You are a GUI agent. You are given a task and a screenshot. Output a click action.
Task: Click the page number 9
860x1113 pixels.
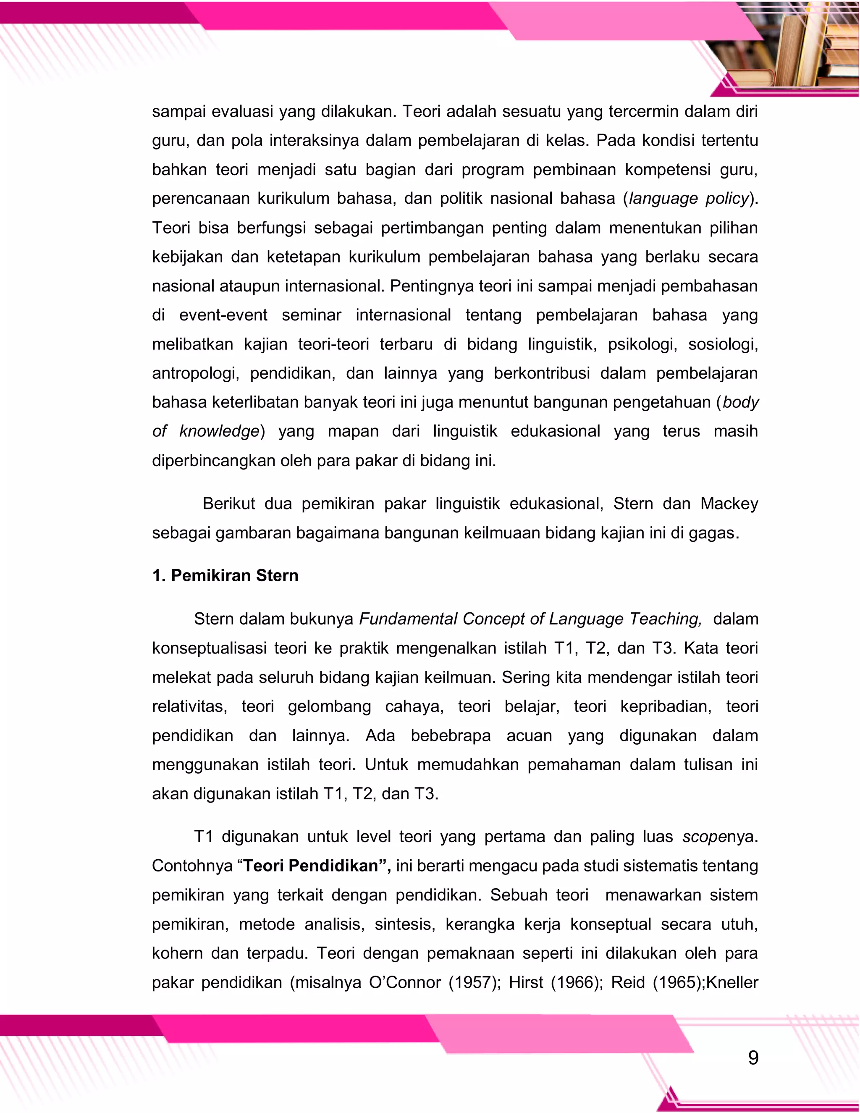pos(753,1058)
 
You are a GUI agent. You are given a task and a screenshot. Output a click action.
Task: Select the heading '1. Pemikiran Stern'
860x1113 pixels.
pos(225,575)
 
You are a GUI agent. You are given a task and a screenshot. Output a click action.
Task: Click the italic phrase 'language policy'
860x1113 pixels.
pos(689,198)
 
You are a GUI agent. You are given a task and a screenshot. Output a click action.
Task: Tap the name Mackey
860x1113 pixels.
pos(729,504)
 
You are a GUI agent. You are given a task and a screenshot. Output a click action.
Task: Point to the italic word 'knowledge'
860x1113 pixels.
pos(219,431)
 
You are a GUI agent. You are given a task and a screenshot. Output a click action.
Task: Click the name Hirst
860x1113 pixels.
pos(526,982)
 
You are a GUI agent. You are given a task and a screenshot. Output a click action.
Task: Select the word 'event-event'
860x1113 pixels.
pos(223,315)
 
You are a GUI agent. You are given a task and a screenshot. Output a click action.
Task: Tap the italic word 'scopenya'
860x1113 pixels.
pos(719,837)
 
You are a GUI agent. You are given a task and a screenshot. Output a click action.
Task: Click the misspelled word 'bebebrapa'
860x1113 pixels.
pos(451,735)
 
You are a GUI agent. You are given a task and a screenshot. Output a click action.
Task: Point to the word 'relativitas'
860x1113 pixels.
pos(189,706)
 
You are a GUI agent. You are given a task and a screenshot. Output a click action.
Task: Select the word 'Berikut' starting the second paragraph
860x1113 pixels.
pos(229,504)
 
